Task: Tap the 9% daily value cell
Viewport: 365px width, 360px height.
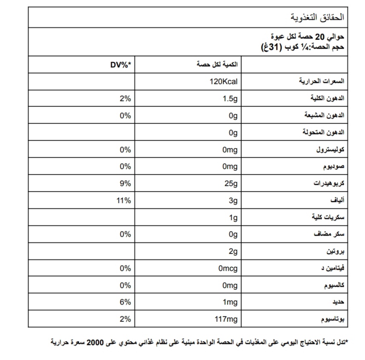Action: click(x=125, y=183)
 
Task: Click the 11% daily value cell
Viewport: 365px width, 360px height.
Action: click(x=123, y=200)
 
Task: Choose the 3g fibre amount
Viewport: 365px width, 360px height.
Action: click(x=232, y=200)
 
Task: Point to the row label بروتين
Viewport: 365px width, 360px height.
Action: click(x=335, y=252)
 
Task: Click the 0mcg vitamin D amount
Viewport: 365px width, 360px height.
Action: click(x=227, y=268)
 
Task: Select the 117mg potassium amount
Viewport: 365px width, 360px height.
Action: click(x=226, y=319)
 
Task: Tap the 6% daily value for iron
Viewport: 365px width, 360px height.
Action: click(x=125, y=302)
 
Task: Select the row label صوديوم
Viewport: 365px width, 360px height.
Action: click(x=333, y=167)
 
